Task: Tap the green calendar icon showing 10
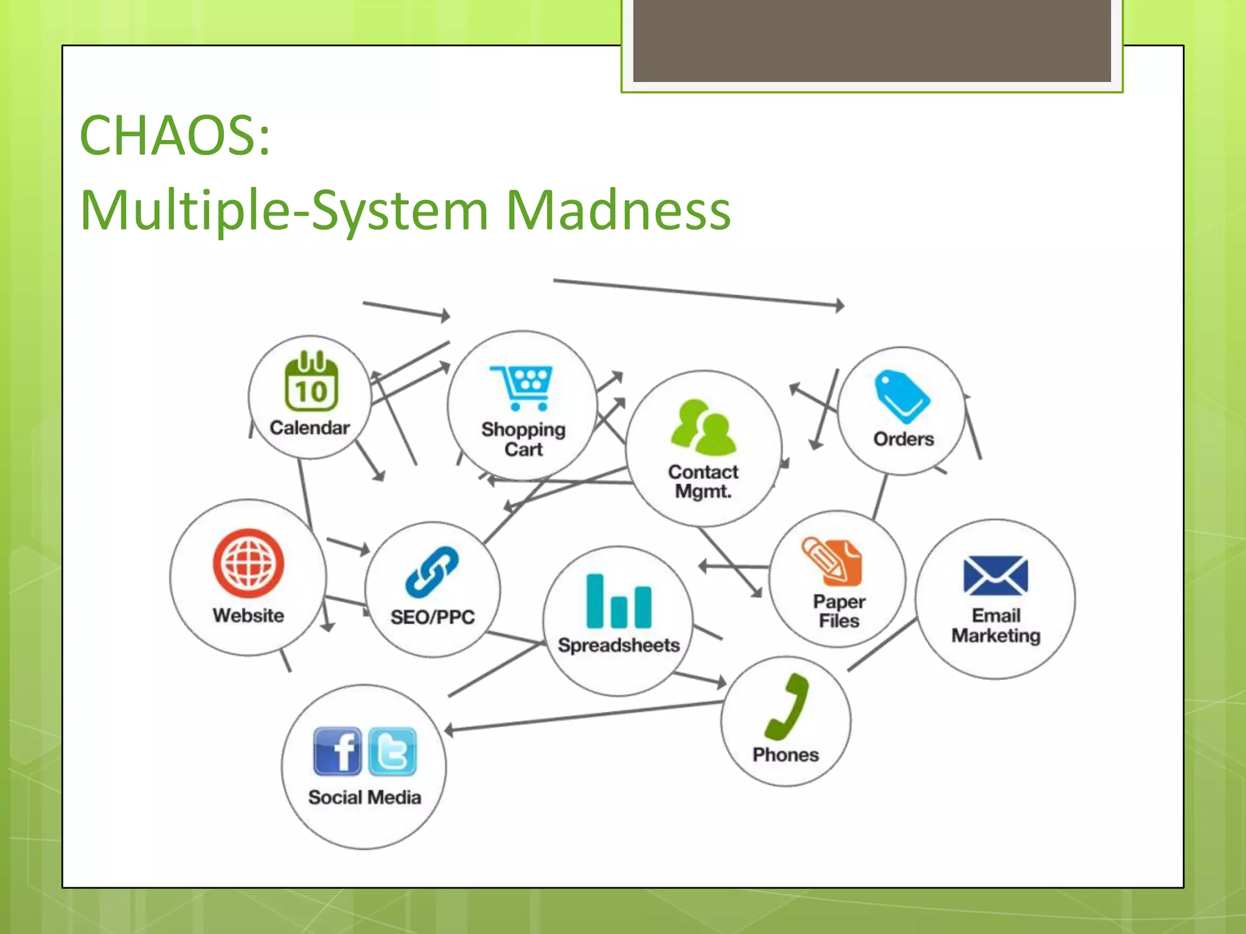(x=311, y=381)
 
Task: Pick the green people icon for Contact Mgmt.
(x=704, y=428)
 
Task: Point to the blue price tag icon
(x=901, y=396)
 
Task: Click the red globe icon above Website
(x=248, y=562)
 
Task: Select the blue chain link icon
(x=433, y=572)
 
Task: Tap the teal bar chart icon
(x=618, y=601)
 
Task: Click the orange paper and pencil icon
(x=832, y=560)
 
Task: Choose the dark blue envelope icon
(x=995, y=575)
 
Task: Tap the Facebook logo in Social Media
(x=337, y=752)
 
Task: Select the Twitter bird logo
(x=392, y=752)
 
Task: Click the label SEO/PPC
(x=433, y=617)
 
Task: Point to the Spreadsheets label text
(x=618, y=645)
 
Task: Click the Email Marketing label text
(x=995, y=626)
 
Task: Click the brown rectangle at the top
(x=872, y=40)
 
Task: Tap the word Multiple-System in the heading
(x=285, y=210)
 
